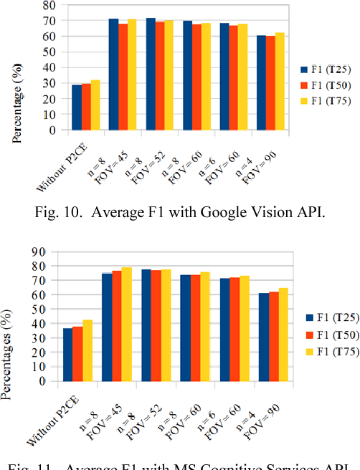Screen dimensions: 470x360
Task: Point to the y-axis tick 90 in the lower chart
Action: [51, 251]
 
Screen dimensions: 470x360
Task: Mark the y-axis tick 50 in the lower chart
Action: [51, 309]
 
